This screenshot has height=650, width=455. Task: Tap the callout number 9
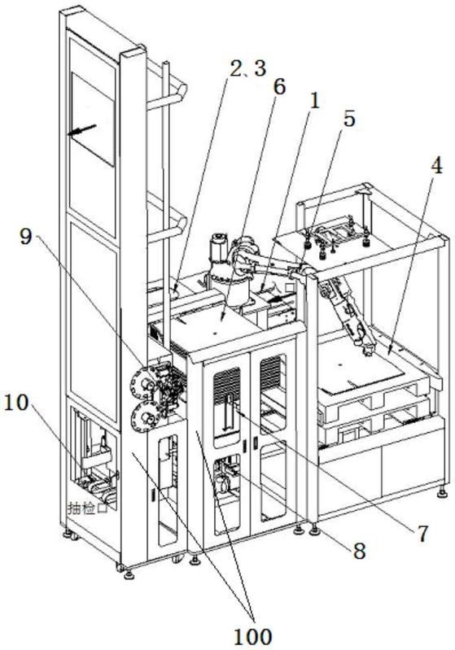pos(26,237)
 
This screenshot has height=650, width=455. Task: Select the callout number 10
pos(16,403)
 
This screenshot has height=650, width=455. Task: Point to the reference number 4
pos(436,166)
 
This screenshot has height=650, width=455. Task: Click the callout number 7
pos(422,534)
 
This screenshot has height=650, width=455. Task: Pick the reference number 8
pos(358,551)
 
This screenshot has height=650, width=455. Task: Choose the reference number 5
pos(349,119)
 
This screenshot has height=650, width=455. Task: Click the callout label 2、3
pos(247,69)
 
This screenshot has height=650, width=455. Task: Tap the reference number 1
pos(315,101)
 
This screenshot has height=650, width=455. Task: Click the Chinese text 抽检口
pos(89,508)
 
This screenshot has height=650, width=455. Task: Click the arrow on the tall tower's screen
pos(82,129)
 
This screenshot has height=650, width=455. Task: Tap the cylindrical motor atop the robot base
pos(219,250)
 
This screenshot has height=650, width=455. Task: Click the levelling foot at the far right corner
pos(443,492)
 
